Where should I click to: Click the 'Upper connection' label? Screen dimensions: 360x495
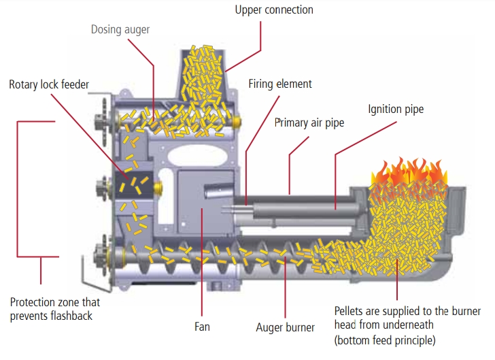pyautogui.click(x=274, y=10)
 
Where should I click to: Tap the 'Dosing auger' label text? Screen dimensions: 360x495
pyautogui.click(x=121, y=30)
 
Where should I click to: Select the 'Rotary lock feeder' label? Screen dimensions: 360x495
pyautogui.click(x=48, y=85)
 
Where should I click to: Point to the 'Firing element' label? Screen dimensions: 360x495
pyautogui.click(x=280, y=84)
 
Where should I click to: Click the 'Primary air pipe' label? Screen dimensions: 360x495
pyautogui.click(x=309, y=122)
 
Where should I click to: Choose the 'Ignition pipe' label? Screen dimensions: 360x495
pyautogui.click(x=396, y=109)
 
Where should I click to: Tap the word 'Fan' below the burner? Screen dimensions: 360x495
pyautogui.click(x=202, y=327)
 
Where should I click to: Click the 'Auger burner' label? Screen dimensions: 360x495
pyautogui.click(x=286, y=327)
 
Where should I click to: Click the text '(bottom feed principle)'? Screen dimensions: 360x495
pyautogui.click(x=386, y=339)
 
